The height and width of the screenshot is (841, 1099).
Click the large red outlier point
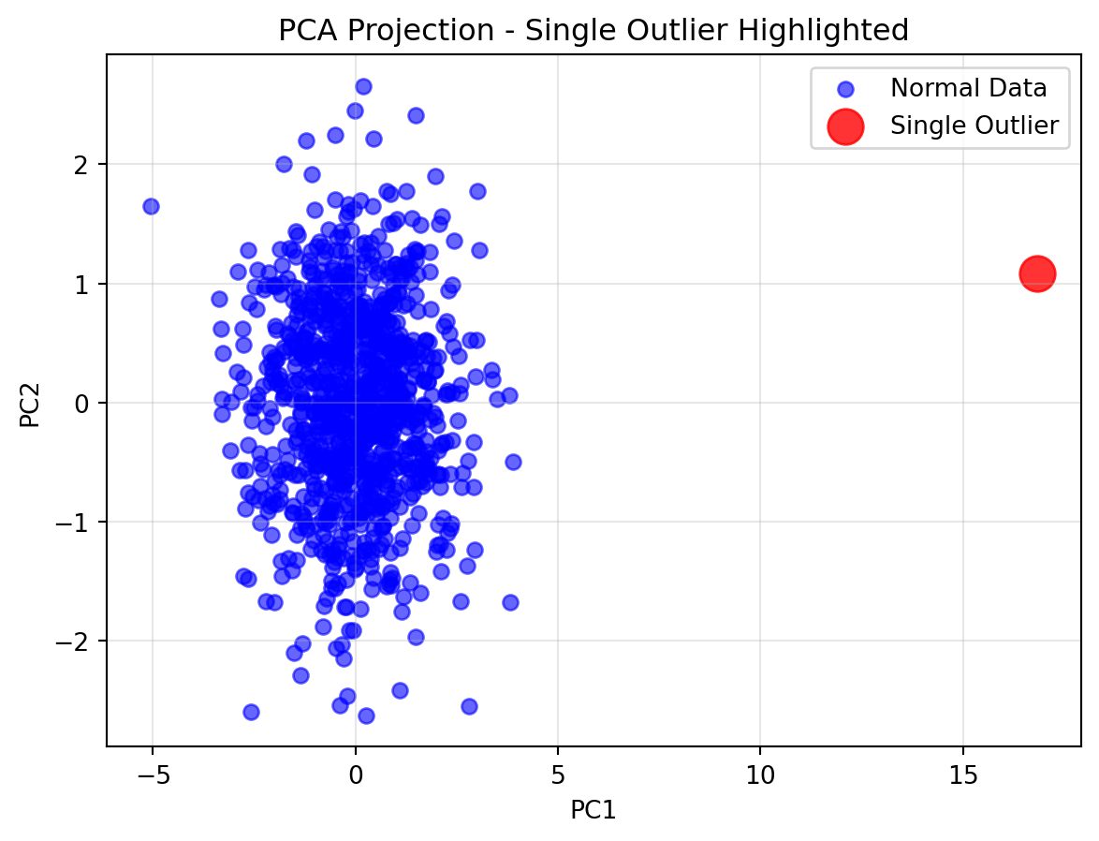coord(1037,273)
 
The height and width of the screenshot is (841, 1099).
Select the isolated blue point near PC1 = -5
coord(151,206)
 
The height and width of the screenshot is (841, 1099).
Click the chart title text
coord(593,31)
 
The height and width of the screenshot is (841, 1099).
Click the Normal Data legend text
coord(968,89)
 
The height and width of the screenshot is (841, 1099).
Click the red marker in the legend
coord(845,125)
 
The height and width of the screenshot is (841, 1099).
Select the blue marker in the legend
coord(845,90)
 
